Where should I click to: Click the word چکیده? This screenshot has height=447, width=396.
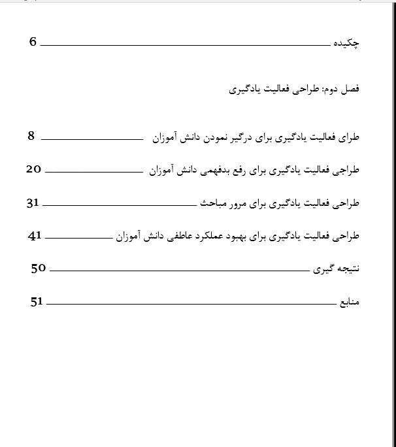[346, 43]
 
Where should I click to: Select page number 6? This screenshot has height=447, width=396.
[33, 42]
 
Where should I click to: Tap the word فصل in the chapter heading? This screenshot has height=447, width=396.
[351, 88]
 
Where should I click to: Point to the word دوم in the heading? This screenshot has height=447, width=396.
[329, 88]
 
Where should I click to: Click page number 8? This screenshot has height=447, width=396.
[31, 136]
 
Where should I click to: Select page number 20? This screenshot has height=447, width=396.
[34, 169]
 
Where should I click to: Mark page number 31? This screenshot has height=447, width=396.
[33, 203]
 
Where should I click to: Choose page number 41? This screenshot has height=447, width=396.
[35, 235]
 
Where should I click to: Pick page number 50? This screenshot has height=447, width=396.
[39, 267]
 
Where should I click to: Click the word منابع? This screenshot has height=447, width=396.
[349, 303]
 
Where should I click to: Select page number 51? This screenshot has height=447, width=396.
[37, 301]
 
